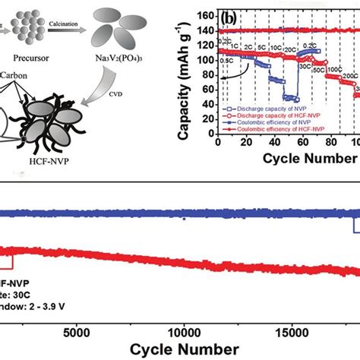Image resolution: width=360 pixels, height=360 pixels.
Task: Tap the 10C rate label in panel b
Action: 271,55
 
